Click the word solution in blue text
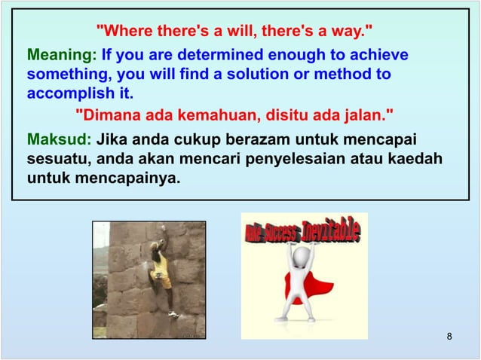[x=246, y=75]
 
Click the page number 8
[x=449, y=335]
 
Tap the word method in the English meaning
[x=345, y=75]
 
